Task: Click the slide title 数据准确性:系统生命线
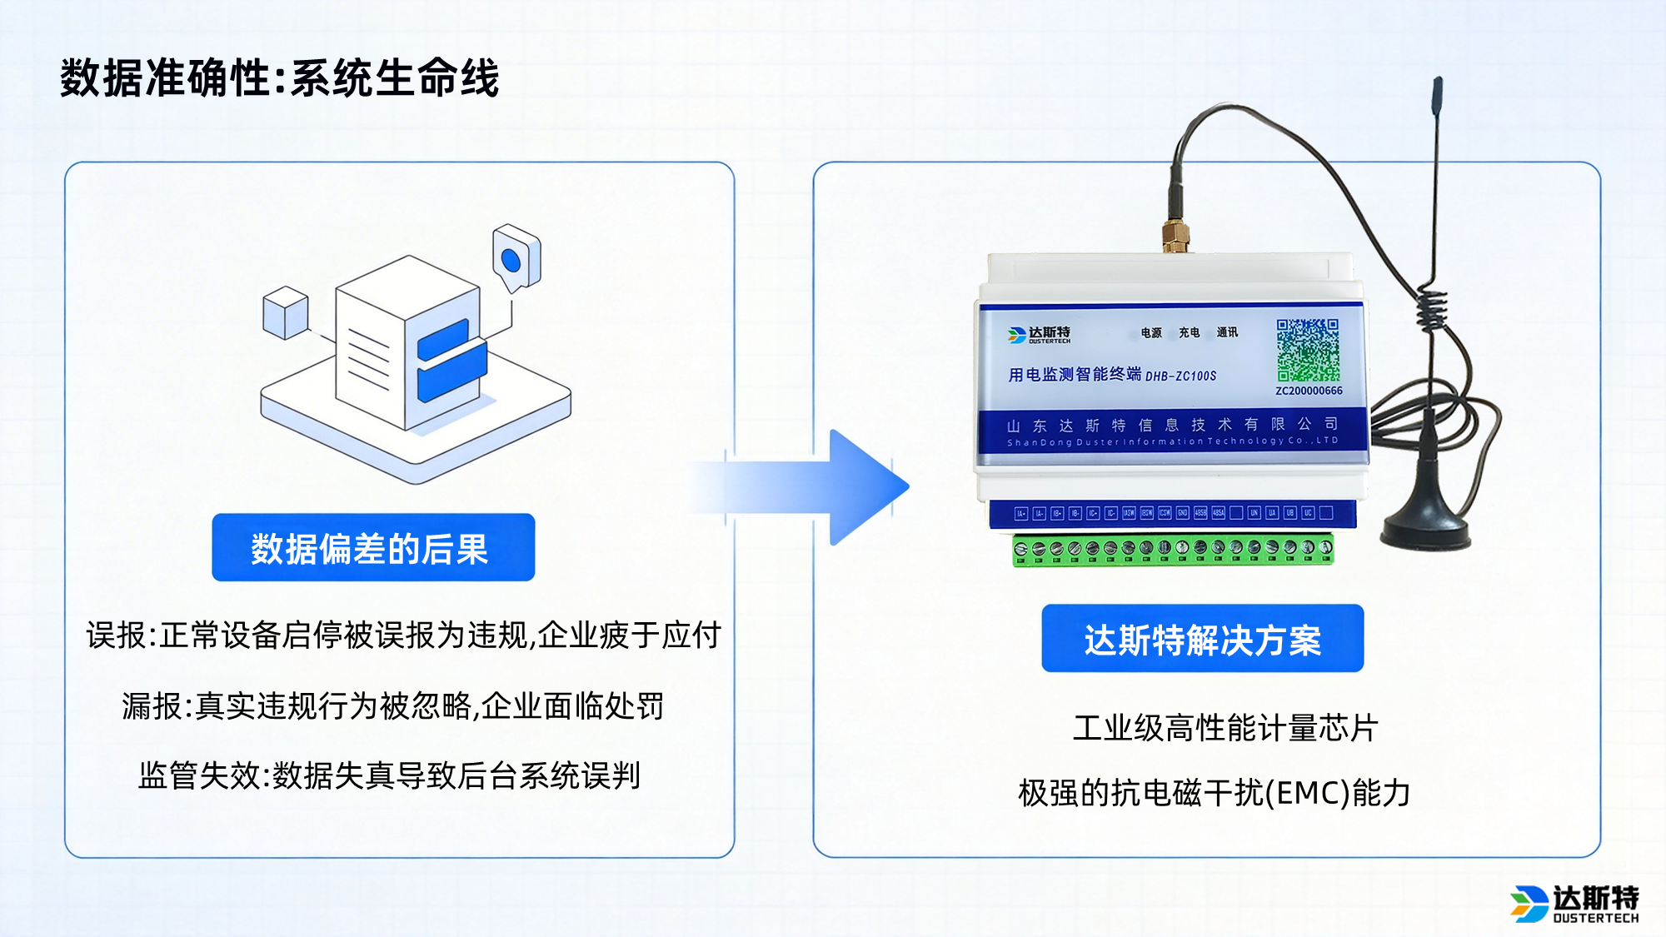279,78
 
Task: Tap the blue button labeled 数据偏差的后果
373,548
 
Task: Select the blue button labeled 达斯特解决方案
1202,639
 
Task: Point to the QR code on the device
1308,349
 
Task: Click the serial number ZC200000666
1309,391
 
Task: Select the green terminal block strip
1172,550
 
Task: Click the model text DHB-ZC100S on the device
1180,376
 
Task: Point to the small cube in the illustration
286,312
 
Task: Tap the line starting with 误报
403,635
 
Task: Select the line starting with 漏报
392,706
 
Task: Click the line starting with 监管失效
389,775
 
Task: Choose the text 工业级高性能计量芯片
1225,728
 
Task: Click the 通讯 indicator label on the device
1226,332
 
